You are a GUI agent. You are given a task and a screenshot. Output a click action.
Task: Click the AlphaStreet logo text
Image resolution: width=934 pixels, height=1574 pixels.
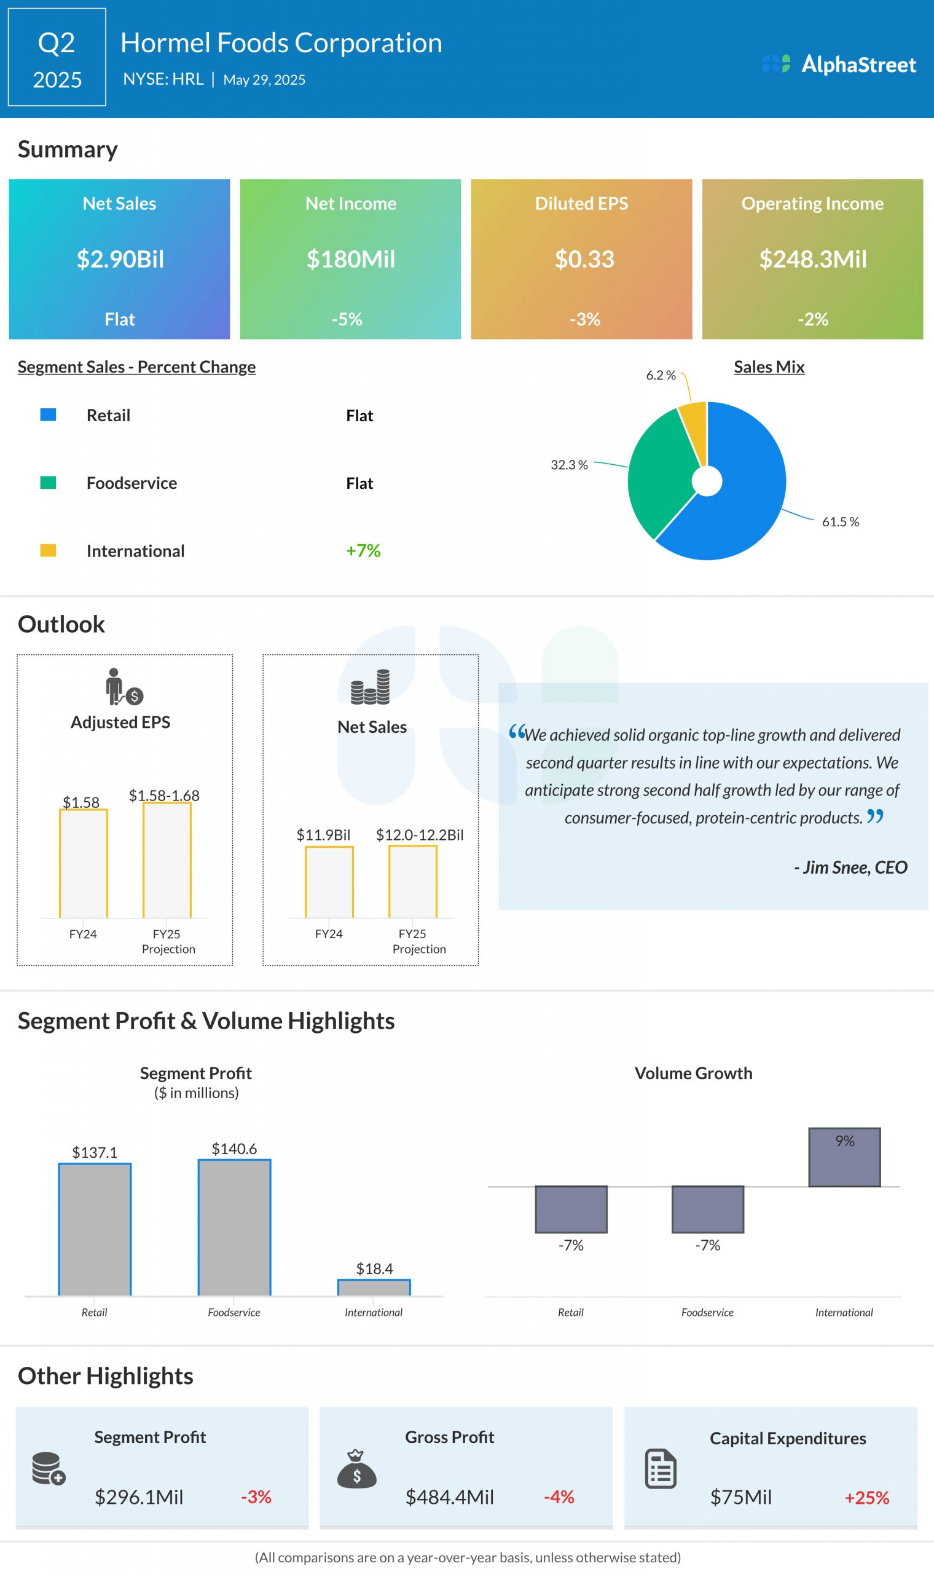click(858, 64)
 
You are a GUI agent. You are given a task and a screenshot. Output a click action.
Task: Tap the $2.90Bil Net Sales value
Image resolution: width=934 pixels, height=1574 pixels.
click(120, 259)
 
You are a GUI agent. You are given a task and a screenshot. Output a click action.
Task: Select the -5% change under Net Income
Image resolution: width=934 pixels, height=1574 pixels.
click(347, 319)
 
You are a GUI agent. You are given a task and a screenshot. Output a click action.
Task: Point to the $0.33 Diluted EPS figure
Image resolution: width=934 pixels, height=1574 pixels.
click(584, 259)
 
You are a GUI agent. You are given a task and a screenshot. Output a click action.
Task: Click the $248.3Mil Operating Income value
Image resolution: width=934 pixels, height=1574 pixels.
click(812, 259)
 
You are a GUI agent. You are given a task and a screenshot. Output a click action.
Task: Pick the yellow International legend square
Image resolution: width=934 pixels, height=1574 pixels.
click(49, 550)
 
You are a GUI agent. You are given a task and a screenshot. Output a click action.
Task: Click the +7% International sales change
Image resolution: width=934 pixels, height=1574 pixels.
click(363, 550)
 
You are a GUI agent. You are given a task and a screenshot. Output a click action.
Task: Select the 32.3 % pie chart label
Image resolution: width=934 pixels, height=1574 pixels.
click(569, 465)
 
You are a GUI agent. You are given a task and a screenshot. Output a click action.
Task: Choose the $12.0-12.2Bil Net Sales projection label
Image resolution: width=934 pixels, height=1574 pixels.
click(419, 835)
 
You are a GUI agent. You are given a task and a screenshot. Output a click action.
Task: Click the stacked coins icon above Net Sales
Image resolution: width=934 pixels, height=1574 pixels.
click(371, 686)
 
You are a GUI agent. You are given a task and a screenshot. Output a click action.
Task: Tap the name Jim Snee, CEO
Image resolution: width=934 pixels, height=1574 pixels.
click(850, 867)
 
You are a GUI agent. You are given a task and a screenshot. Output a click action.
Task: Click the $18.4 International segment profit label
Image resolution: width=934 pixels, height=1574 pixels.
click(374, 1268)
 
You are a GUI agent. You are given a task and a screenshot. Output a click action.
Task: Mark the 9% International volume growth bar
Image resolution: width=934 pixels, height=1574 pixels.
click(844, 1157)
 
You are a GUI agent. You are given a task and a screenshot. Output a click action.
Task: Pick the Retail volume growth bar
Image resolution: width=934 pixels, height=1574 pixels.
click(571, 1209)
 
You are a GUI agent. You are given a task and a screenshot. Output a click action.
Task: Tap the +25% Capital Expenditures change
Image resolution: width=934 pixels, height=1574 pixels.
click(866, 1497)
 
